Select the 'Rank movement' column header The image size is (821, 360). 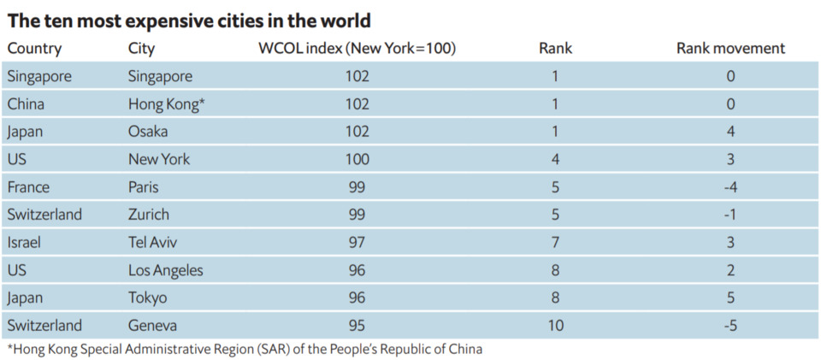(730, 49)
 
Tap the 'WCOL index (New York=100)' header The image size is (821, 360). (357, 49)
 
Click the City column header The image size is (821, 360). (143, 49)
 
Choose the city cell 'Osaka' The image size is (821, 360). (148, 132)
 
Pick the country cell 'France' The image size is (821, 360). (28, 187)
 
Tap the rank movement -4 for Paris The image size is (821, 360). (729, 187)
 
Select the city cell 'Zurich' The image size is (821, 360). (149, 215)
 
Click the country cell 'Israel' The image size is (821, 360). (24, 242)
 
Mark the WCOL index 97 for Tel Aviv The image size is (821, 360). (357, 242)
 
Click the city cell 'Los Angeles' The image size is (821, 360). (166, 270)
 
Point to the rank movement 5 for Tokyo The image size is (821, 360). (730, 298)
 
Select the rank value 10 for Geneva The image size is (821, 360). (555, 325)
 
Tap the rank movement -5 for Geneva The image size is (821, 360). (729, 325)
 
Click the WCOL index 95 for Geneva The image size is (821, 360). (357, 325)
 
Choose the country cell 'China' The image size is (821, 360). (26, 104)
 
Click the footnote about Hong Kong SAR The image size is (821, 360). (245, 349)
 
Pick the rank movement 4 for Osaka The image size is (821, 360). (730, 132)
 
